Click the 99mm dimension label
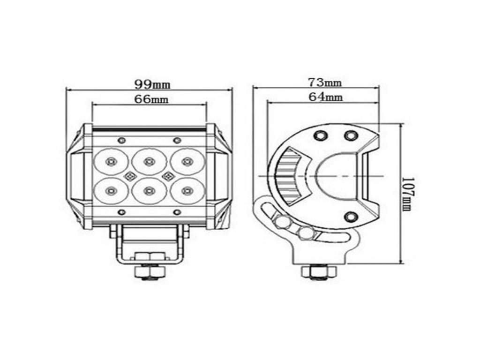(x=152, y=84)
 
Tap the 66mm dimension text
(x=151, y=99)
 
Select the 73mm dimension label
(x=325, y=82)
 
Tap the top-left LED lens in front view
(x=111, y=161)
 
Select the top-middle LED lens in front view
(x=149, y=161)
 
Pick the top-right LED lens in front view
(x=186, y=161)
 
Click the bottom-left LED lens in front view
(x=111, y=191)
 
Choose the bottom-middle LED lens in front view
(x=149, y=191)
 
